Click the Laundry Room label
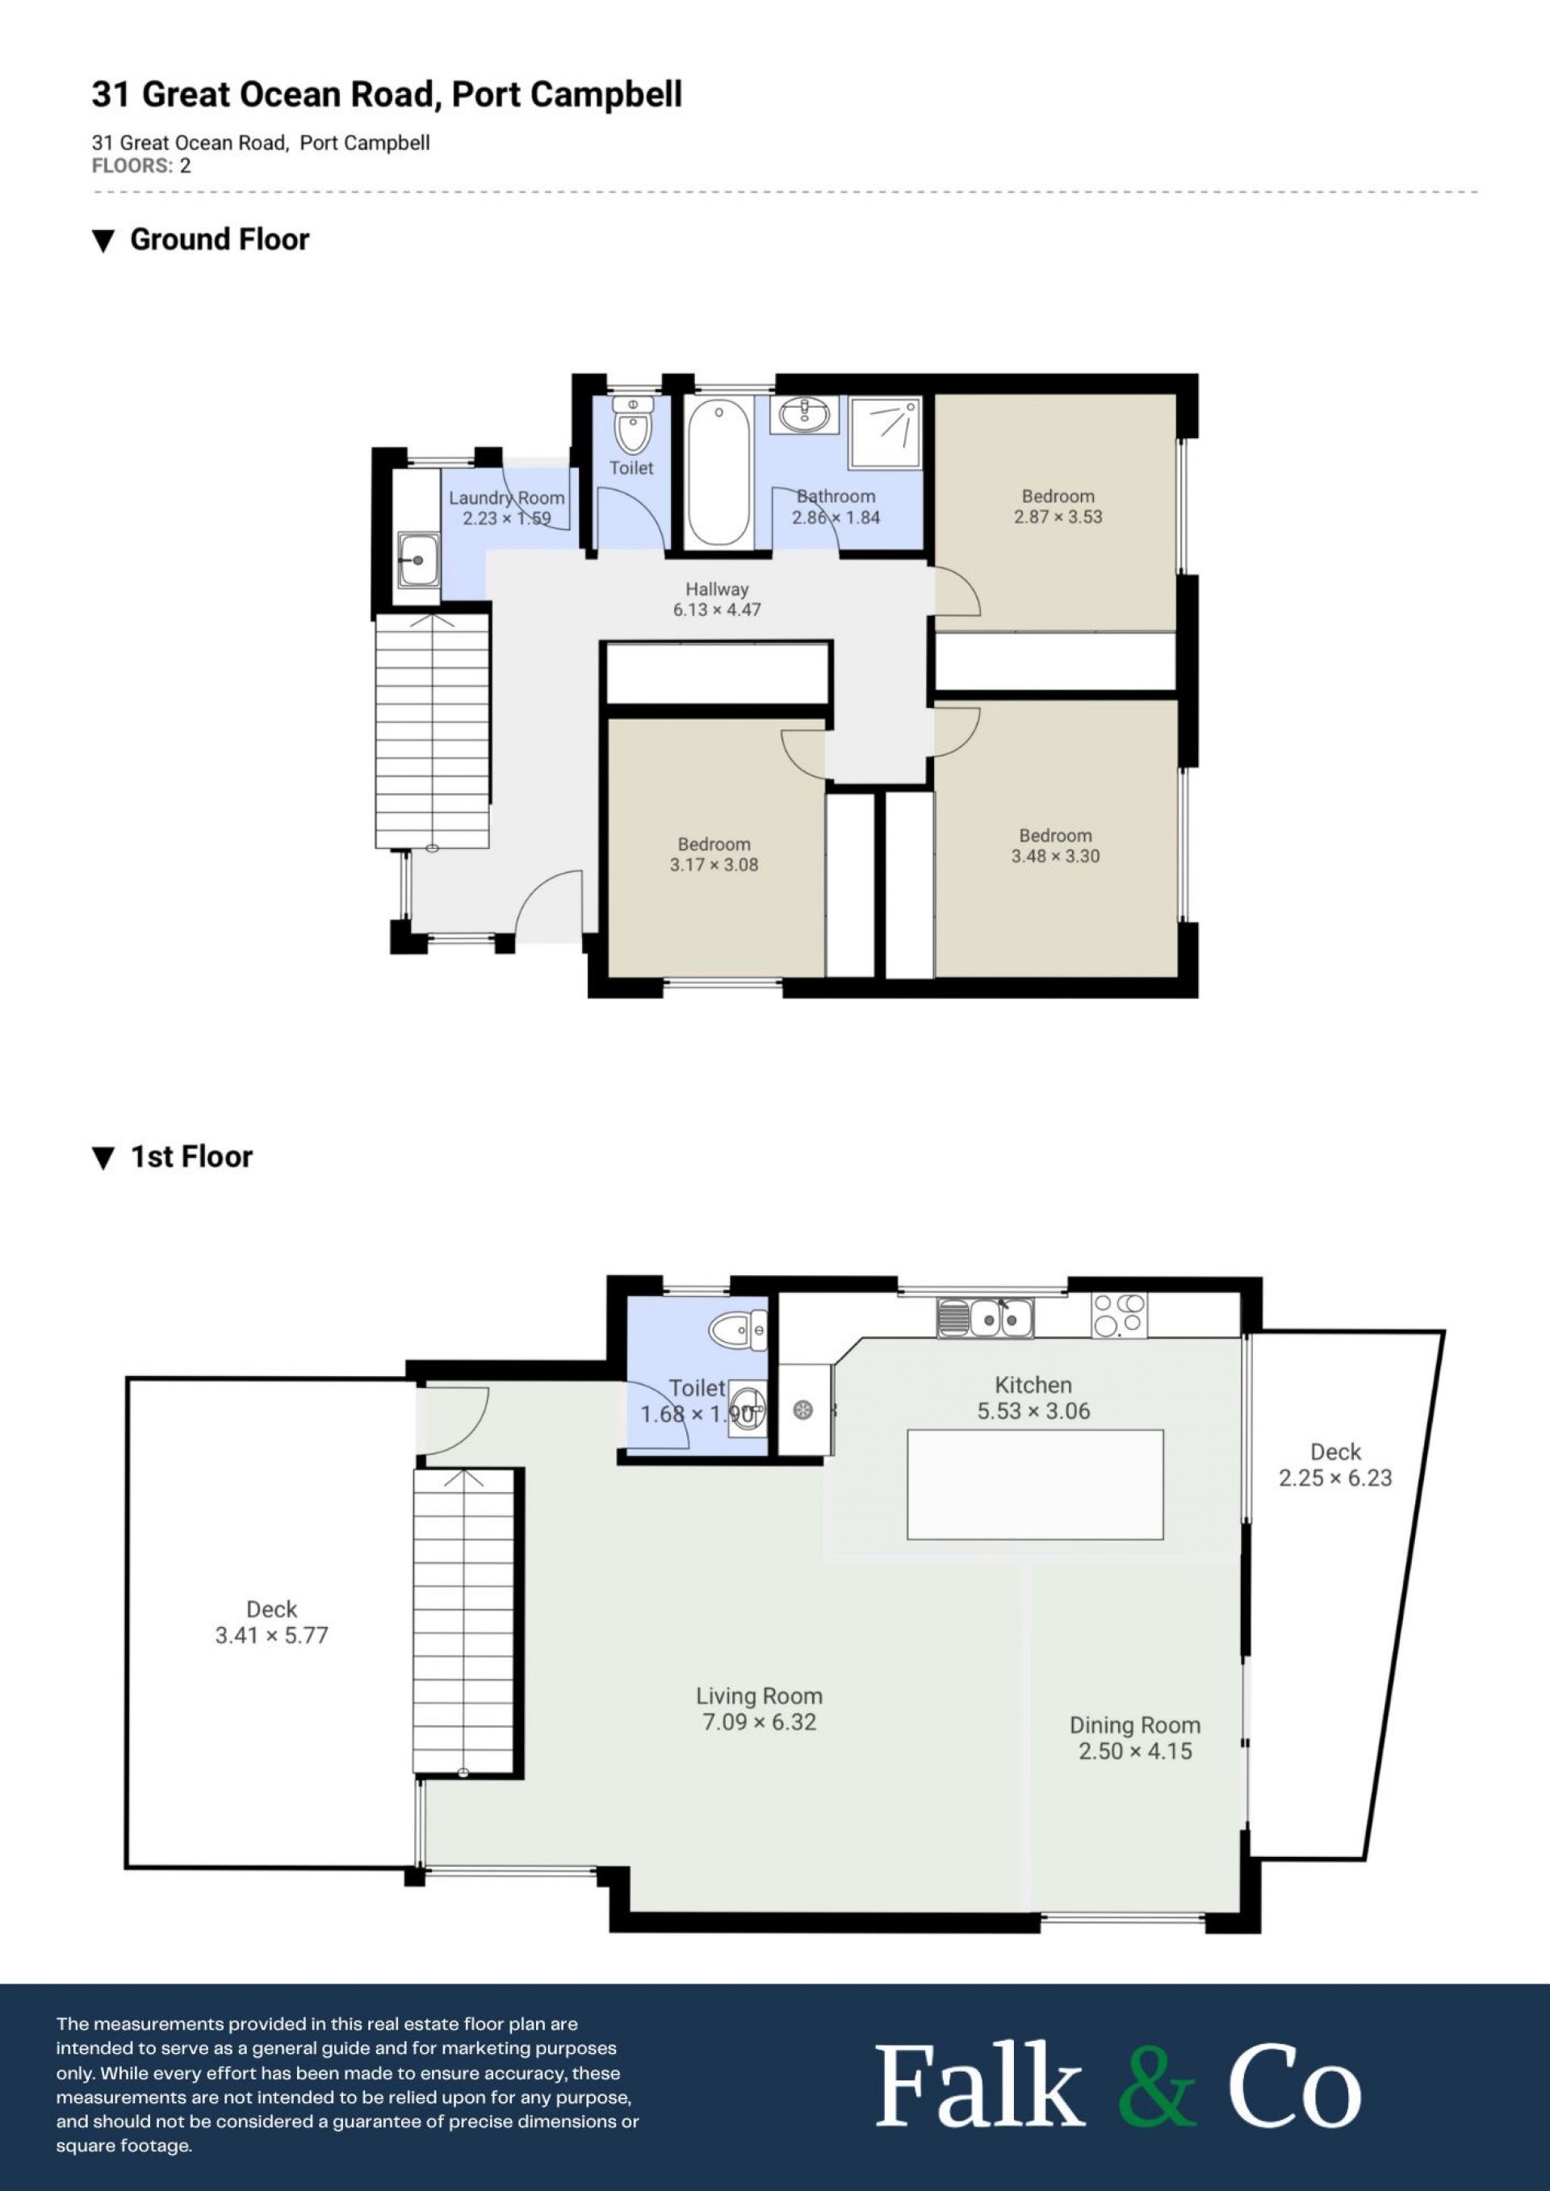(x=507, y=498)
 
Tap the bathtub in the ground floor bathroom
(x=718, y=474)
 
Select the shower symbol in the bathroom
(x=885, y=433)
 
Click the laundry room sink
(x=418, y=560)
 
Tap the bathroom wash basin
(x=806, y=414)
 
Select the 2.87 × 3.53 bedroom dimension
(x=1058, y=517)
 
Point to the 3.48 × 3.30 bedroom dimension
(x=1056, y=857)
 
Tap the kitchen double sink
(x=985, y=1318)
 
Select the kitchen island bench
(x=1035, y=1485)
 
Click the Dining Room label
(x=1135, y=1725)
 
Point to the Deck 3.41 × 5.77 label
(x=272, y=1622)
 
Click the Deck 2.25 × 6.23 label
(x=1335, y=1465)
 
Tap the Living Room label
(x=759, y=1696)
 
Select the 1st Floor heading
(x=191, y=1156)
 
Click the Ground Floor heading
(x=220, y=240)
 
